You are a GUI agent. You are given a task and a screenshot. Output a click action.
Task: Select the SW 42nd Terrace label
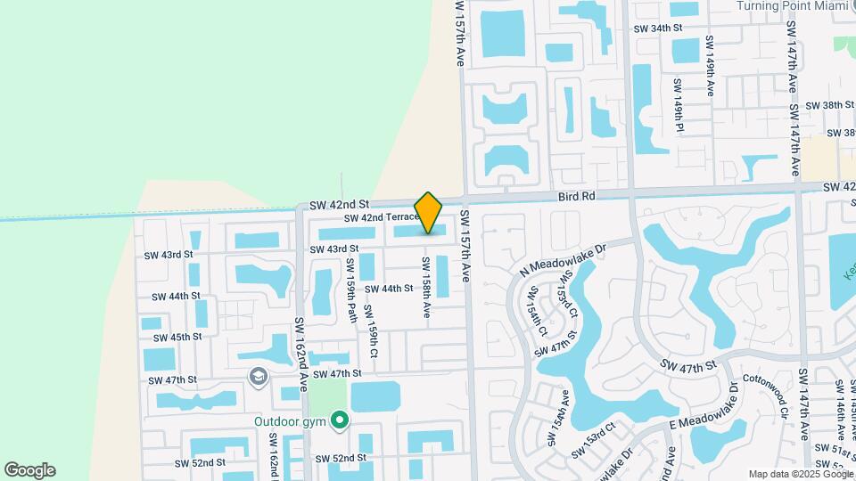(381, 217)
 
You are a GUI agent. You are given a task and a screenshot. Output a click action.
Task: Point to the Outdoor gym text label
(290, 421)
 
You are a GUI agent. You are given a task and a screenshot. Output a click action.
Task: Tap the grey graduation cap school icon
(259, 378)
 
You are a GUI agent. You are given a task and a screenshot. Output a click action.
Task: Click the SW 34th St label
(657, 29)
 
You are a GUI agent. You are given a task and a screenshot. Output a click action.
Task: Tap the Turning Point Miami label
(788, 5)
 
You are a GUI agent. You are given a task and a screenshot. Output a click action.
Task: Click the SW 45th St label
(178, 338)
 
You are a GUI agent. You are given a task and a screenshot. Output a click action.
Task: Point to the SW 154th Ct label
(536, 311)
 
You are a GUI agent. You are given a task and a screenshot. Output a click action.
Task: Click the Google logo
(29, 470)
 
